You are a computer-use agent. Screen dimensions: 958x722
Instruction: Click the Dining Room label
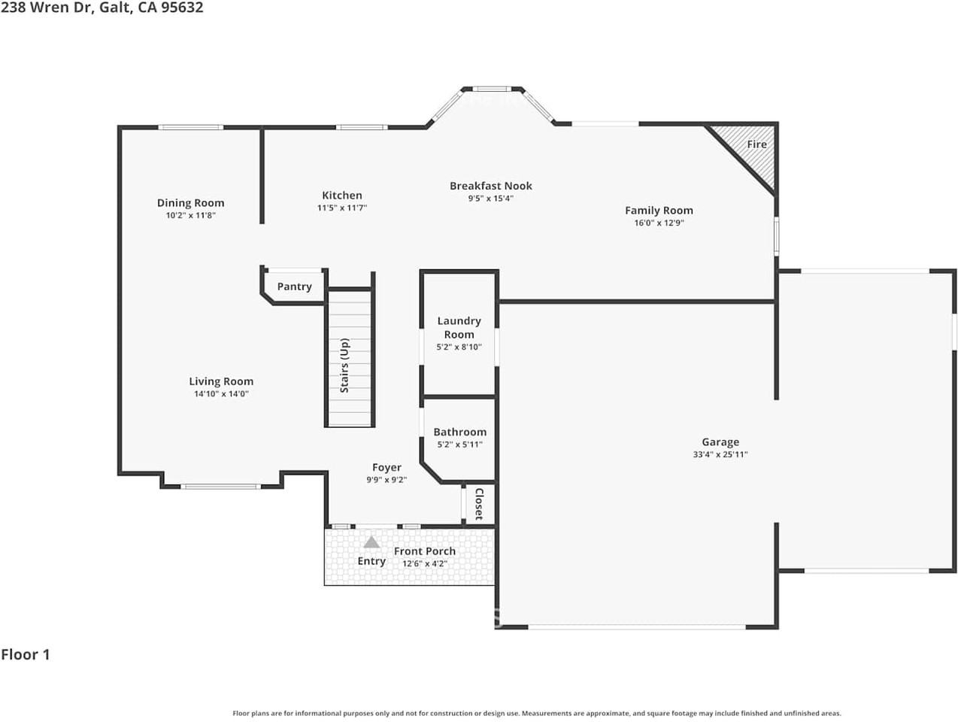pyautogui.click(x=191, y=203)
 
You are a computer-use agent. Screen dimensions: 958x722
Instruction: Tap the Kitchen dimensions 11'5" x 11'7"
pyautogui.click(x=341, y=208)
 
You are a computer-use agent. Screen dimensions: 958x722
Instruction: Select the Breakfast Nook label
pyautogui.click(x=491, y=186)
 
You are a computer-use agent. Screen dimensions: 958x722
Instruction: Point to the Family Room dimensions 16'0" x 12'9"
pyautogui.click(x=659, y=223)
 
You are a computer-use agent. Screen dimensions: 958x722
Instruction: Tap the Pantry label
pyautogui.click(x=295, y=287)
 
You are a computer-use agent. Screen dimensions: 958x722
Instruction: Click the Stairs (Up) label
pyautogui.click(x=344, y=366)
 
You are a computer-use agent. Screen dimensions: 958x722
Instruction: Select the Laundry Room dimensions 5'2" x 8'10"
pyautogui.click(x=459, y=347)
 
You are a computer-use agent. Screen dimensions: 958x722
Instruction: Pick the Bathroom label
pyautogui.click(x=460, y=432)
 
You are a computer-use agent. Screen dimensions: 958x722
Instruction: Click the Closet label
pyautogui.click(x=479, y=504)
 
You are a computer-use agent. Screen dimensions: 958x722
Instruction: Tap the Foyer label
pyautogui.click(x=387, y=468)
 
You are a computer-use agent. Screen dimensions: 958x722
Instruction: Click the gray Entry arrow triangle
pyautogui.click(x=371, y=542)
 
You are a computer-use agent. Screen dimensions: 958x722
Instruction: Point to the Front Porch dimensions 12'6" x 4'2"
pyautogui.click(x=425, y=563)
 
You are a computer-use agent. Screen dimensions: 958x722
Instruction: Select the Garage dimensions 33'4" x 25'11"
pyautogui.click(x=720, y=454)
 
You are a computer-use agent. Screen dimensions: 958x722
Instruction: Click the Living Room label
pyautogui.click(x=221, y=381)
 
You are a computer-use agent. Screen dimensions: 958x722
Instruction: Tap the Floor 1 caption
pyautogui.click(x=26, y=655)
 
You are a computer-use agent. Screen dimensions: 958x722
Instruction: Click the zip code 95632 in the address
pyautogui.click(x=182, y=8)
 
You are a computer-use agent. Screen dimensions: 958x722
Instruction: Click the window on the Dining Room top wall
pyautogui.click(x=191, y=127)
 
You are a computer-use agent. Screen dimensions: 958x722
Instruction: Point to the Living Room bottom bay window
pyautogui.click(x=221, y=487)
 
